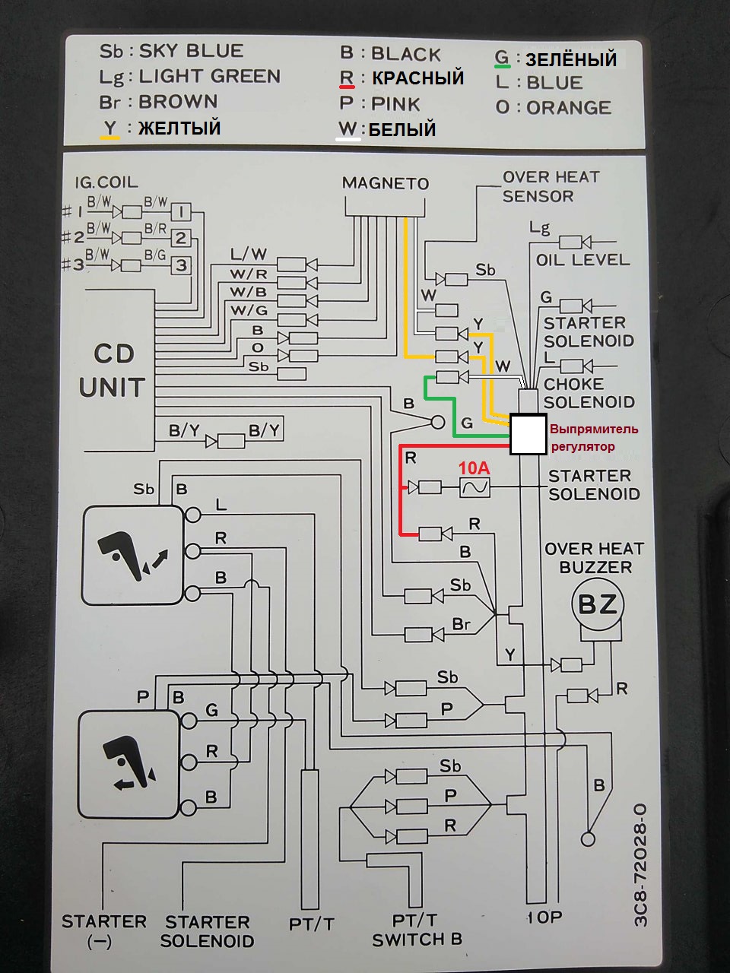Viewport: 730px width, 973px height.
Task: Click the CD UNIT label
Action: [x=112, y=370]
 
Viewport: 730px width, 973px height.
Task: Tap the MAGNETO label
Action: [x=385, y=183]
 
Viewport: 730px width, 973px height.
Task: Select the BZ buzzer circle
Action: [x=597, y=604]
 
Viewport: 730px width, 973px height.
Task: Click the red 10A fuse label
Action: [x=473, y=468]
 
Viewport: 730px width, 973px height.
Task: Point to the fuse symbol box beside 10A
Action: [x=475, y=487]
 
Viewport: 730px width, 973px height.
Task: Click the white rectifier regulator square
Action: [x=528, y=434]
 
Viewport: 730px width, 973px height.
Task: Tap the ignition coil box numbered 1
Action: [x=181, y=211]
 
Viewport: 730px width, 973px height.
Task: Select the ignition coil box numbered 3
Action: [x=181, y=265]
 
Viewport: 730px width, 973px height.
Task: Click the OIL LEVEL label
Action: [x=582, y=260]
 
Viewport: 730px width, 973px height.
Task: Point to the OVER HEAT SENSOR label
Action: [x=551, y=186]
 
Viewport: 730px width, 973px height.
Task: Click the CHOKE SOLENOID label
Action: [x=589, y=393]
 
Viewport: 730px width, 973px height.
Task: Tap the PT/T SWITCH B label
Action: [x=416, y=930]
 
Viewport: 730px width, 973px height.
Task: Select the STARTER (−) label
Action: [x=103, y=930]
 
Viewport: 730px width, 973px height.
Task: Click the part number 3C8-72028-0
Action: [x=640, y=864]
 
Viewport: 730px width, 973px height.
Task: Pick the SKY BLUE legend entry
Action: [x=172, y=51]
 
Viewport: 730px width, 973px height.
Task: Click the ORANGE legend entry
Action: [x=554, y=108]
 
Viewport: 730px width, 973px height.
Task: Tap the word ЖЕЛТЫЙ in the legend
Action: [x=179, y=128]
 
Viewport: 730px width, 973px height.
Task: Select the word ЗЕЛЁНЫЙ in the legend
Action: [x=570, y=59]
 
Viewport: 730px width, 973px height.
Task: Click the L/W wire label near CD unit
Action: [x=249, y=255]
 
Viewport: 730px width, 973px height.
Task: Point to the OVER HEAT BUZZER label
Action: [x=594, y=558]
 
